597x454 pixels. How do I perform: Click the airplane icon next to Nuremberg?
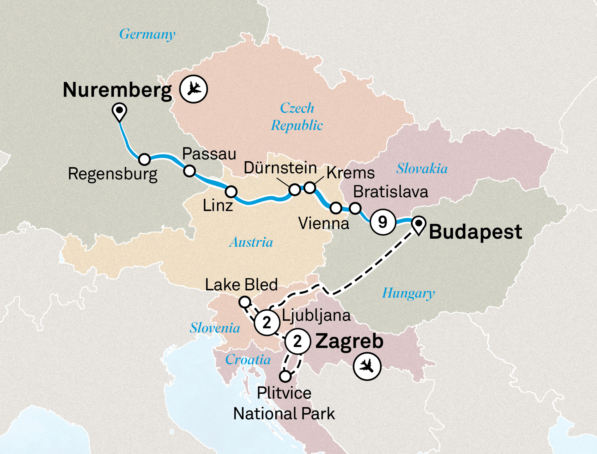[x=193, y=89]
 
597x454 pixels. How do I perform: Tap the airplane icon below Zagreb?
[x=367, y=366]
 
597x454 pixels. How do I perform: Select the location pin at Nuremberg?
[x=119, y=111]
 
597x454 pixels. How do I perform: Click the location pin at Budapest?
[x=418, y=224]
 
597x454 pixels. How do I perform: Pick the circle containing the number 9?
[x=383, y=222]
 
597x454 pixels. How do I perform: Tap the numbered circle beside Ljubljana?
[x=267, y=322]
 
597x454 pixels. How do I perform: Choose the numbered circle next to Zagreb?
[x=298, y=341]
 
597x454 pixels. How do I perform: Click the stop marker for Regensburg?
[x=144, y=159]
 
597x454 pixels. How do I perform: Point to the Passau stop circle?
[x=189, y=171]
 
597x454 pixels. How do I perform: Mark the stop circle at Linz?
[x=231, y=191]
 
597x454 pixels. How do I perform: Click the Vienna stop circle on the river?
[x=336, y=208]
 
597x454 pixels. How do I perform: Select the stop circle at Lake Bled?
[x=245, y=302]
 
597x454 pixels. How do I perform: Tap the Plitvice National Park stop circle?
[x=285, y=376]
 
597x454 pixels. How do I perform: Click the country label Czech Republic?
[x=297, y=116]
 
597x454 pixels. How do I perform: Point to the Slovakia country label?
[x=422, y=168]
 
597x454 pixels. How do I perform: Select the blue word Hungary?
[x=408, y=293]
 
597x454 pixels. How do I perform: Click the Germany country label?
[x=147, y=34]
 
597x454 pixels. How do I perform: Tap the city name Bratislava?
[x=390, y=192]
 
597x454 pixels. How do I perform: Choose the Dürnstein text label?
[x=280, y=168]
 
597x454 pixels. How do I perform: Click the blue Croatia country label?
[x=248, y=359]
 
